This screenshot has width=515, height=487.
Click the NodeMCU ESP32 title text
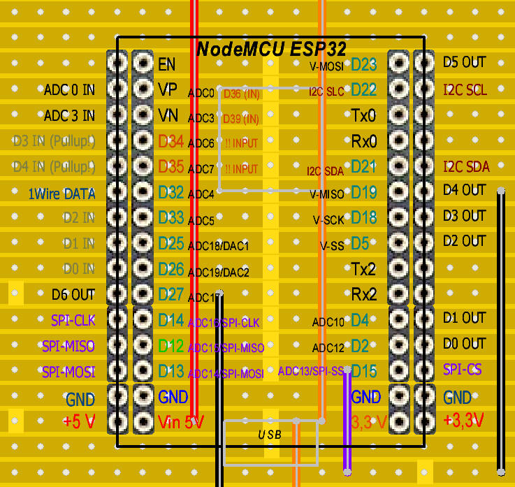(272, 49)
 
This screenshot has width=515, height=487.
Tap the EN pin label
(166, 64)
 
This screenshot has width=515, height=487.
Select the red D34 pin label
(171, 142)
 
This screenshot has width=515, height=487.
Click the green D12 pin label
(171, 345)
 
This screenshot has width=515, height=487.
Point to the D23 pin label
(363, 64)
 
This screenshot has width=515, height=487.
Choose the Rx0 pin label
(363, 142)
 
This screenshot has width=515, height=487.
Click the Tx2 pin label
(363, 269)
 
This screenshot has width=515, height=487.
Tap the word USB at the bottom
(270, 435)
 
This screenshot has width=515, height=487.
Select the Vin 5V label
(181, 422)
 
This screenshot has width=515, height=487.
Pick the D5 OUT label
(464, 62)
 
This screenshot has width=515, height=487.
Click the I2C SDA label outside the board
(466, 167)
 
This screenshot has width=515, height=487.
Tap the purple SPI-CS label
(462, 368)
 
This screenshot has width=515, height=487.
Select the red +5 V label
(78, 421)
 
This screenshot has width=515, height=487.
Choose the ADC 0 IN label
(68, 90)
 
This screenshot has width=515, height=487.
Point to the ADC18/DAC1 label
(218, 247)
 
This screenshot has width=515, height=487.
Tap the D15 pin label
(363, 370)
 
